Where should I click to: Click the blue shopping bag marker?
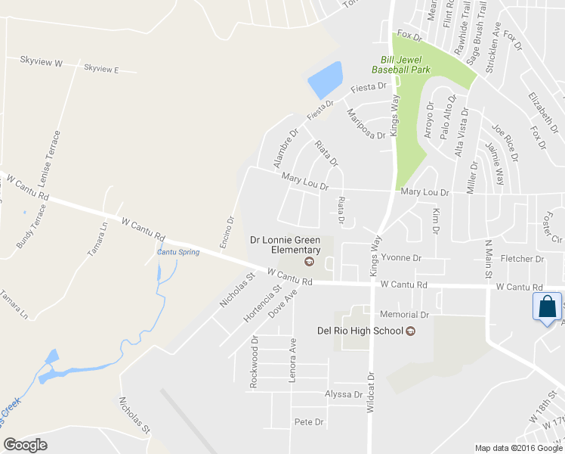[546, 308]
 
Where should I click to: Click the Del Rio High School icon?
[411, 331]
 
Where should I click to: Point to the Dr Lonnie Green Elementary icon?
[309, 262]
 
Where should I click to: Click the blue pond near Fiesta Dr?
[326, 79]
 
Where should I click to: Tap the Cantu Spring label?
[178, 252]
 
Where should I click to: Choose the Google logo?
[26, 445]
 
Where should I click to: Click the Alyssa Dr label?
[344, 394]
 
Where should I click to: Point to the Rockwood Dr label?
[255, 362]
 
